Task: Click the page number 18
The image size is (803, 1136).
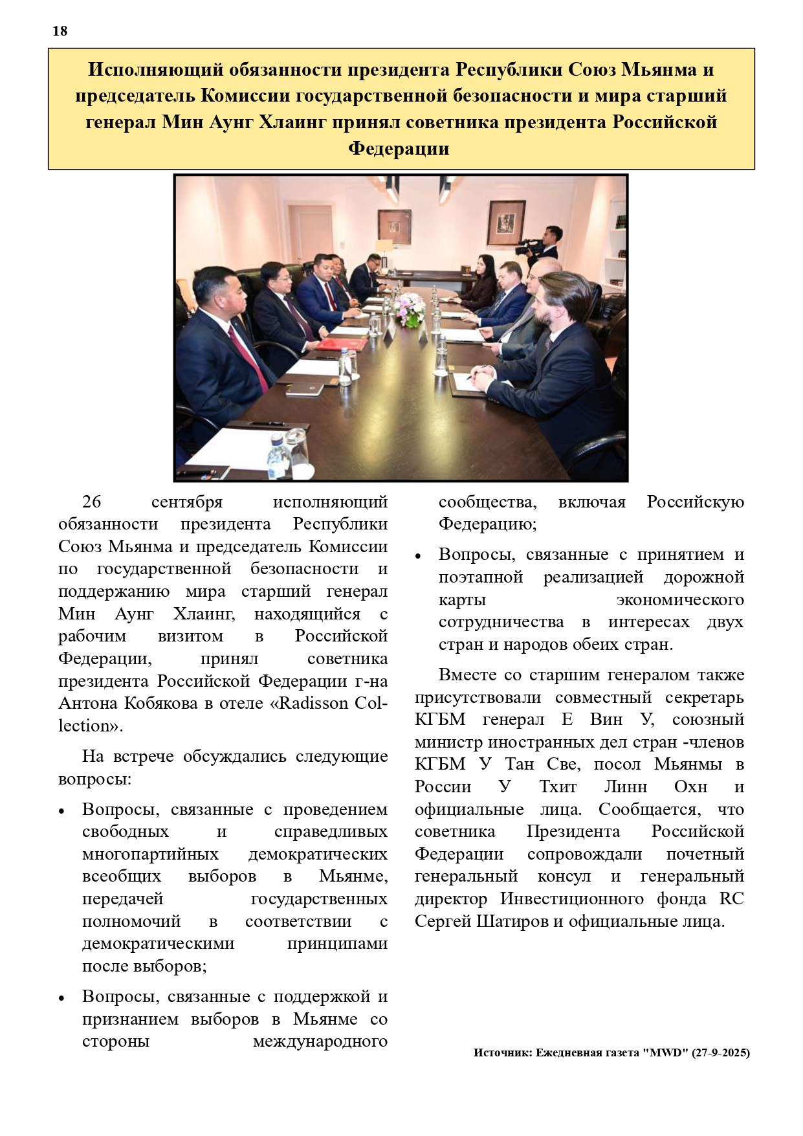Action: (60, 31)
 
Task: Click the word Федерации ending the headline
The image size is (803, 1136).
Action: (399, 149)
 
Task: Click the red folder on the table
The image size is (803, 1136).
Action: (341, 343)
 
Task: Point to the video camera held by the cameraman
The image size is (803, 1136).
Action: (530, 247)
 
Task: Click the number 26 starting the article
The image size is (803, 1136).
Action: (92, 502)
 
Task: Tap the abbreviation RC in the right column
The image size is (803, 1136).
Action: (731, 899)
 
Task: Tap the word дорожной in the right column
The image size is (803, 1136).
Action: (704, 577)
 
